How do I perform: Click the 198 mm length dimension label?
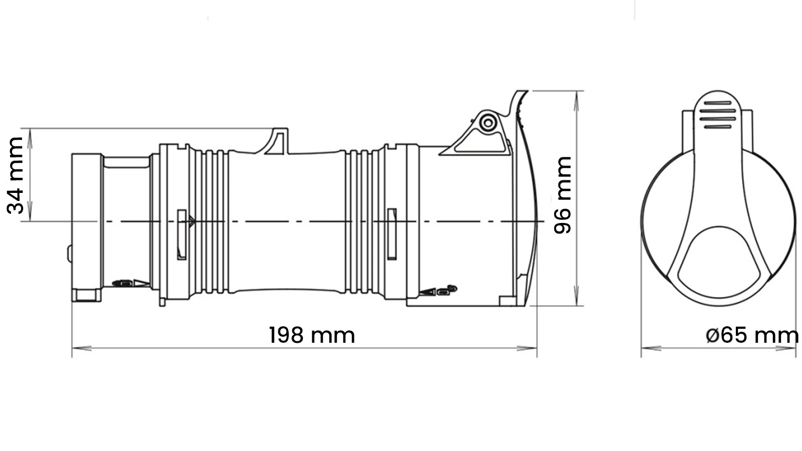pos(312,335)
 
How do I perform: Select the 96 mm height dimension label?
pos(562,195)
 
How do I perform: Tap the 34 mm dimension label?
pos(16,175)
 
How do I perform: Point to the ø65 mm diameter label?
pos(752,335)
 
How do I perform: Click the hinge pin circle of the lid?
pos(488,123)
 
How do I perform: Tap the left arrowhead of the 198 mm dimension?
pos(82,348)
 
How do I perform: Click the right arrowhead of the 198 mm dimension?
pos(527,348)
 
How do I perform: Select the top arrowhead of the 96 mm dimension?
pos(576,101)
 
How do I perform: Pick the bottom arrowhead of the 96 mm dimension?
pos(576,296)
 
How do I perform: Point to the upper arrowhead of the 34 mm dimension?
pos(30,138)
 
